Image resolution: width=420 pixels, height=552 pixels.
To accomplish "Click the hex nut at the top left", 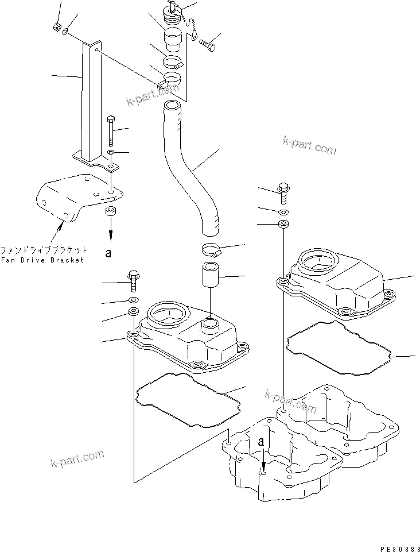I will coord(57,26).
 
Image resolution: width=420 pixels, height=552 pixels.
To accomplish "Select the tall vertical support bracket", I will coord(88,103).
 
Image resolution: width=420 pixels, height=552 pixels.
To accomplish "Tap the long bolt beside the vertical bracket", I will coord(111,131).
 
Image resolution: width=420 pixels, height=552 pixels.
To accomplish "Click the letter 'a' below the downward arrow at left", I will coord(108,252).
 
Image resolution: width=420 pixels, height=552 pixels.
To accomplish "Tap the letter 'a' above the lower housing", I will coord(261,442).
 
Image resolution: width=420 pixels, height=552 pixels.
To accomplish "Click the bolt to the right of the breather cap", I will coord(209,43).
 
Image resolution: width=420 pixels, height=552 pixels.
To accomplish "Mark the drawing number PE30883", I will coord(396,546).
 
